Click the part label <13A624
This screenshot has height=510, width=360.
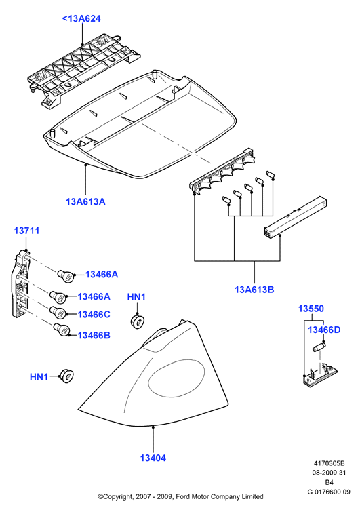81,18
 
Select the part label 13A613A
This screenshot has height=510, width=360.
85,201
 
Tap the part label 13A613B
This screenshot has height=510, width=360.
254,289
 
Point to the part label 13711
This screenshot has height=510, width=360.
26,231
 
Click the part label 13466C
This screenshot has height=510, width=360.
94,315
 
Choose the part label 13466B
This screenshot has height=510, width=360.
94,335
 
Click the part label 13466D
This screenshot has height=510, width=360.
324,330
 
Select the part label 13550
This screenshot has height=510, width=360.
311,309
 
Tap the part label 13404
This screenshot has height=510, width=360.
153,458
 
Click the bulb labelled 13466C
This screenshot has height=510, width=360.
58,312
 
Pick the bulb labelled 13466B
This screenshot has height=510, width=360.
61,330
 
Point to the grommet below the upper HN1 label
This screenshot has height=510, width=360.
137,321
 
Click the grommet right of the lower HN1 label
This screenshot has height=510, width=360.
66,375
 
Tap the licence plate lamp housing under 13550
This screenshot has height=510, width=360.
320,376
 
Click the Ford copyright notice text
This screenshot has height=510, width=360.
180,496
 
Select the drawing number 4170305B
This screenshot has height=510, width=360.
329,463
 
